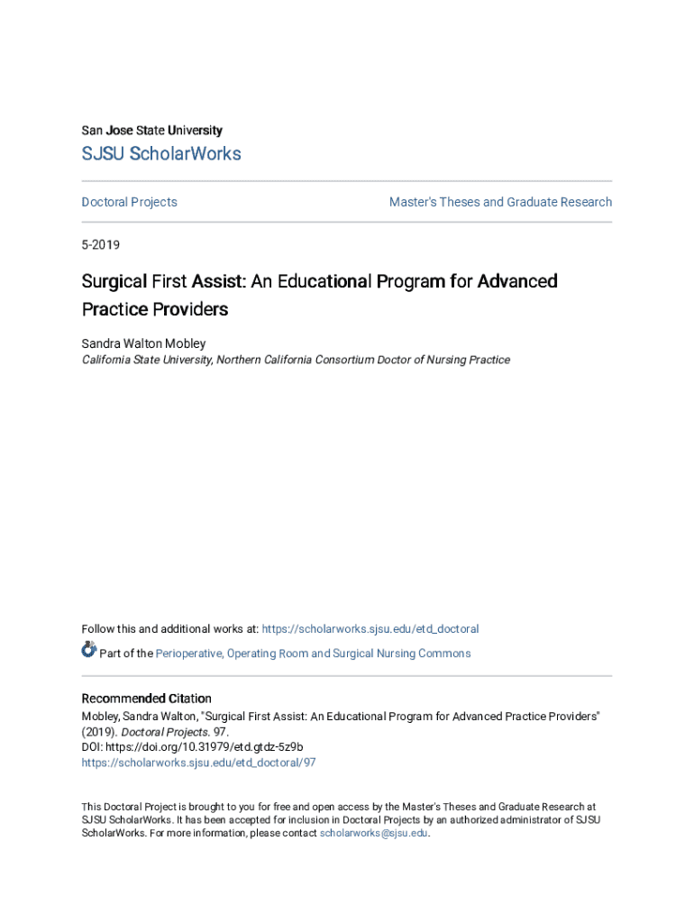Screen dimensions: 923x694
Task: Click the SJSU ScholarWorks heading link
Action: pos(161,154)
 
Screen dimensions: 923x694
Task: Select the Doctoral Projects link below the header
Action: pos(129,202)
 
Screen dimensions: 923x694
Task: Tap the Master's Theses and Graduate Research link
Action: pos(500,202)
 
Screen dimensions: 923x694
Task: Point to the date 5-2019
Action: pos(101,244)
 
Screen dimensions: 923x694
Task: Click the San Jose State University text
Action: pos(151,131)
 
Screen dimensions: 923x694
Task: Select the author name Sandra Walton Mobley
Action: pos(143,343)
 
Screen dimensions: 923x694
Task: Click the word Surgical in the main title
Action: pos(113,281)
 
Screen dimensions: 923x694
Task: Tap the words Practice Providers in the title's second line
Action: pos(155,309)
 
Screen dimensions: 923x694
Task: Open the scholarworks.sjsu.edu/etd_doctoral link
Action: pos(370,629)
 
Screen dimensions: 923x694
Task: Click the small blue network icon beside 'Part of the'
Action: pos(88,650)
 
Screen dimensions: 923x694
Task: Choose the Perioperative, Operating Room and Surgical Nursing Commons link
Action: pos(313,653)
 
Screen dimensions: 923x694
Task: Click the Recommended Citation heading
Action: pos(146,699)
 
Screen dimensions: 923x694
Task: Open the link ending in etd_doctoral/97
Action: pos(198,763)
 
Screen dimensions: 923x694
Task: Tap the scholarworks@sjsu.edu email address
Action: pos(373,834)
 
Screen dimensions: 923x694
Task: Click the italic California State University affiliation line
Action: pos(296,360)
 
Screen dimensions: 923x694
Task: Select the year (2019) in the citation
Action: pos(99,733)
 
